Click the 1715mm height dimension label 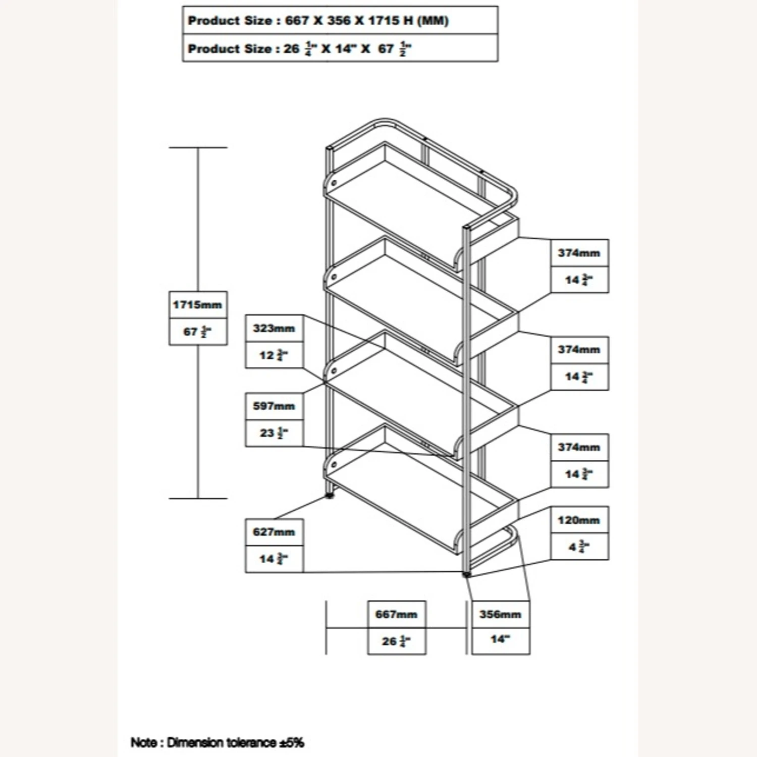(x=197, y=305)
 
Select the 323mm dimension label (x=274, y=329)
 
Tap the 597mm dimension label (x=274, y=406)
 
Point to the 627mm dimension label (x=274, y=532)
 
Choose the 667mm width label (x=396, y=615)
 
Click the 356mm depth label (x=500, y=615)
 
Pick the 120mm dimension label (x=579, y=520)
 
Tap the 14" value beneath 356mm (x=500, y=639)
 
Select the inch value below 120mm (x=579, y=547)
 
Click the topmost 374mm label (x=579, y=253)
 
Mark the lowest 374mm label (x=579, y=447)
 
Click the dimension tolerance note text (x=217, y=742)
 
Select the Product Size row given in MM (x=318, y=21)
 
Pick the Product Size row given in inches (x=299, y=49)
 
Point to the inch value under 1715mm (x=197, y=332)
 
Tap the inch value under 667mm (x=396, y=641)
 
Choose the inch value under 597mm (x=274, y=433)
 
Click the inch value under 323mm (x=274, y=355)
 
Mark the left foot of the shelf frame (x=331, y=496)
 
